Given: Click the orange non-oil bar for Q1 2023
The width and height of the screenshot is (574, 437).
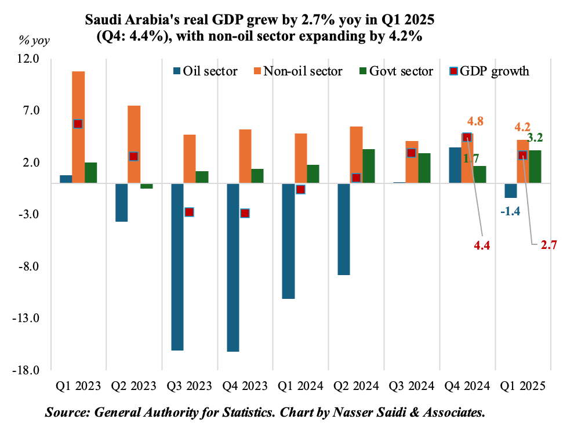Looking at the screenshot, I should click(x=78, y=127).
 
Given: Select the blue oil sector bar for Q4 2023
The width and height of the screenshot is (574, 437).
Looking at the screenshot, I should click(x=233, y=267).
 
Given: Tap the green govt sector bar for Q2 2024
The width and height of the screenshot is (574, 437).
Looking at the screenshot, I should click(x=369, y=166).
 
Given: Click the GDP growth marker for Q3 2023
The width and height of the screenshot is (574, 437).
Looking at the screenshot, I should click(x=189, y=212).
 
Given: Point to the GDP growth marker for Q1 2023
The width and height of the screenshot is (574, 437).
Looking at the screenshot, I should click(x=78, y=124).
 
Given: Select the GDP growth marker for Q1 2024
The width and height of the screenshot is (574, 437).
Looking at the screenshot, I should click(x=300, y=189).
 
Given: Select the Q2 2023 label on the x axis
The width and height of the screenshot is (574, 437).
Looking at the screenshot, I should click(x=134, y=386).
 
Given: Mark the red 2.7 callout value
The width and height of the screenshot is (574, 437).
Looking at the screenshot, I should click(x=548, y=245).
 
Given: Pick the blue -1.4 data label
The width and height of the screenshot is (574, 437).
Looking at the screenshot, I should click(x=510, y=211).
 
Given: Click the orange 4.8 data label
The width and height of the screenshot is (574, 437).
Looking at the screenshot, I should click(x=475, y=122).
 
